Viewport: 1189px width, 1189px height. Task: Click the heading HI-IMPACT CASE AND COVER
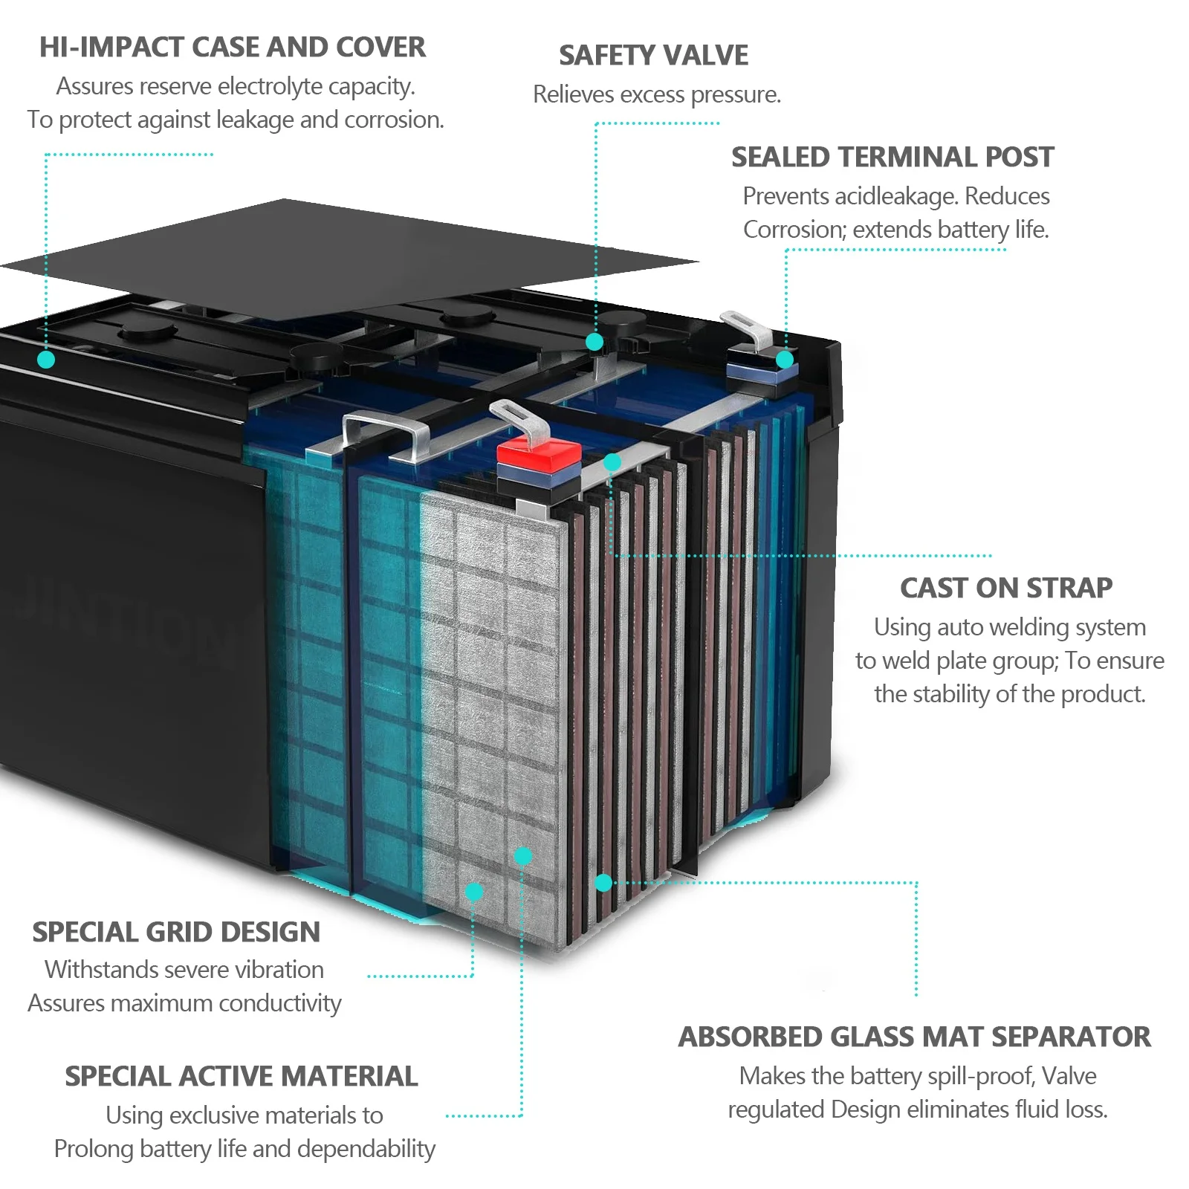tap(232, 48)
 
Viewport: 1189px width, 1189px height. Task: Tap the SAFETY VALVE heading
tap(653, 56)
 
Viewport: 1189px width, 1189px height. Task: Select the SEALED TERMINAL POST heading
tap(892, 158)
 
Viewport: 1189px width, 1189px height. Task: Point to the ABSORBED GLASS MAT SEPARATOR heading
tap(914, 1037)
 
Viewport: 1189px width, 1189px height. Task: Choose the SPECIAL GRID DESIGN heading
tap(176, 933)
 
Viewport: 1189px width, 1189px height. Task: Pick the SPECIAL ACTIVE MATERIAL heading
tap(241, 1077)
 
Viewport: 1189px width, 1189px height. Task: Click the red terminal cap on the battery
tap(539, 452)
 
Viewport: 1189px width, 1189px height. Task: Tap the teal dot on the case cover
tap(46, 360)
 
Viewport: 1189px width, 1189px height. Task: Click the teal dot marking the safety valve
tap(594, 342)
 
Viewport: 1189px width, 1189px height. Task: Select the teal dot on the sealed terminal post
tap(785, 360)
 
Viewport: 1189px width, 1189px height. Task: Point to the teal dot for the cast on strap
tap(612, 462)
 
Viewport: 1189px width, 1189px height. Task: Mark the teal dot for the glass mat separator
tap(603, 883)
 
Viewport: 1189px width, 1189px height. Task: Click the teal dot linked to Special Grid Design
tap(474, 892)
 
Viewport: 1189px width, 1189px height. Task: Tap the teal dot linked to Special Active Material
tap(523, 856)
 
